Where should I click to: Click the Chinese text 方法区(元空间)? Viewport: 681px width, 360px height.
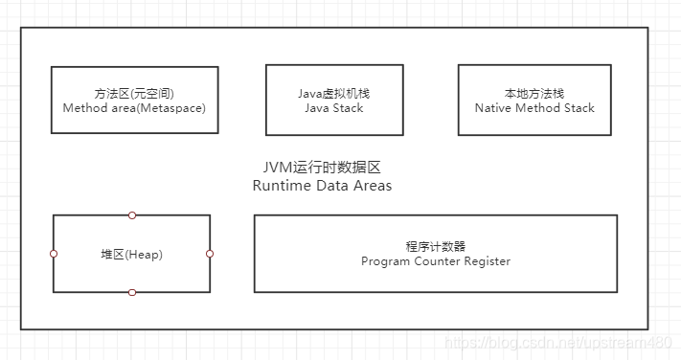(134, 93)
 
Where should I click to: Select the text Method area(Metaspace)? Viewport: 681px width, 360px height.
(134, 108)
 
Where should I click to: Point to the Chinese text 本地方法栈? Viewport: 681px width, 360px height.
(534, 93)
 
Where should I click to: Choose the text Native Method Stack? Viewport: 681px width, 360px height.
(534, 108)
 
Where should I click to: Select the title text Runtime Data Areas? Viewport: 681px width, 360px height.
(322, 186)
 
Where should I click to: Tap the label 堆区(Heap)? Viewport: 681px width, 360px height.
(131, 254)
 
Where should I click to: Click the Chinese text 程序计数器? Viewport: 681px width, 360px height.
(436, 246)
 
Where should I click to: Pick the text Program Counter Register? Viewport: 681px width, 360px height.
(436, 261)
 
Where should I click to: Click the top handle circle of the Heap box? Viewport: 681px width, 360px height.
(132, 214)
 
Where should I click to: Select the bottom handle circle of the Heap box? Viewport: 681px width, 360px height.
(132, 292)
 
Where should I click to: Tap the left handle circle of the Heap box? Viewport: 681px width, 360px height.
(54, 254)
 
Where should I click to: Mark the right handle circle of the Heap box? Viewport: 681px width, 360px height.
(210, 254)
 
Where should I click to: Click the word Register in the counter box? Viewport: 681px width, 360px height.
(486, 261)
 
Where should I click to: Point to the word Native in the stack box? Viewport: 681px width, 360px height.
(493, 108)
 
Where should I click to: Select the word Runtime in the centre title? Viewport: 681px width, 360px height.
(281, 186)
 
